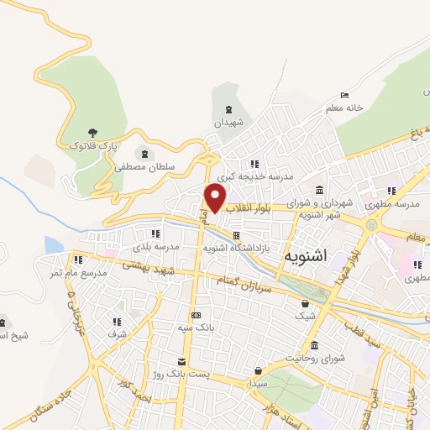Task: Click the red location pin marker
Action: (216, 198)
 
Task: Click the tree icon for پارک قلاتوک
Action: (92, 133)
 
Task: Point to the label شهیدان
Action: (228, 123)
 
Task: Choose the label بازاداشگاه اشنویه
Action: (237, 249)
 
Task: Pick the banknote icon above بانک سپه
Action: (196, 315)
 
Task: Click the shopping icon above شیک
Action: (305, 303)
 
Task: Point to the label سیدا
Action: (258, 382)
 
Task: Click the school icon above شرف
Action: (116, 321)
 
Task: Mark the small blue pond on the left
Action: (53, 244)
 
